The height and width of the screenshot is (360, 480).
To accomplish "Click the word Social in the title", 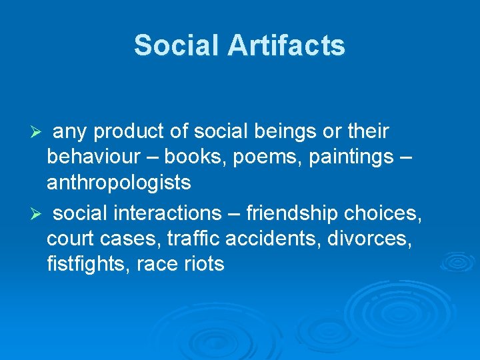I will (176, 45).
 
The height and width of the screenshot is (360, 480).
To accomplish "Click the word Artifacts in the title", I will (287, 45).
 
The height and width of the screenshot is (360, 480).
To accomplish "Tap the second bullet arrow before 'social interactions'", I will (39, 215).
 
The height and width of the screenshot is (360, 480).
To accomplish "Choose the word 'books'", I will (193, 157).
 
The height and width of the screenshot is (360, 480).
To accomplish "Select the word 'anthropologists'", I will (119, 182).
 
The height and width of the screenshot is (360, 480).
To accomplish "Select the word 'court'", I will (71, 239).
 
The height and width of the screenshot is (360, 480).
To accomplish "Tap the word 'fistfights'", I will (89, 264).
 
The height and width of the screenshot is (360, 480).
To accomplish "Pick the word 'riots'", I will (206, 264).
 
